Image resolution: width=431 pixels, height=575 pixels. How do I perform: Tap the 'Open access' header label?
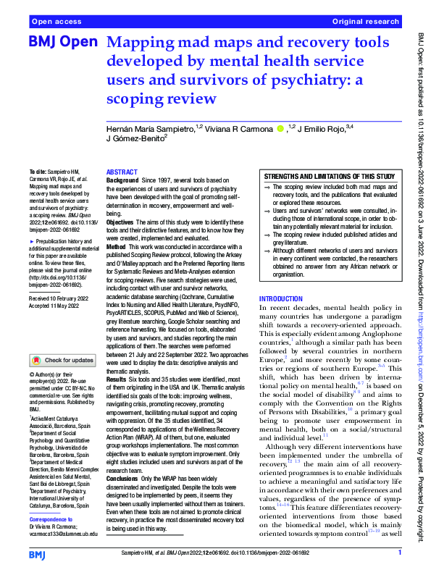pos(56,22)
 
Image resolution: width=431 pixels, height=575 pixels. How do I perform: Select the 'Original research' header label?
pos(365,22)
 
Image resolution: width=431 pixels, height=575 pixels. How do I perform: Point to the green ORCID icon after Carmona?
pos(280,128)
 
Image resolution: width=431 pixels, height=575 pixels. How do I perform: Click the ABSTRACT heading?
pos(122,172)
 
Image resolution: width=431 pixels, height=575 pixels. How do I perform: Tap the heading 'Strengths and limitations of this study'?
pos(330,177)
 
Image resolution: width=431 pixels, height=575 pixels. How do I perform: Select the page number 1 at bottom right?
pos(399,553)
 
